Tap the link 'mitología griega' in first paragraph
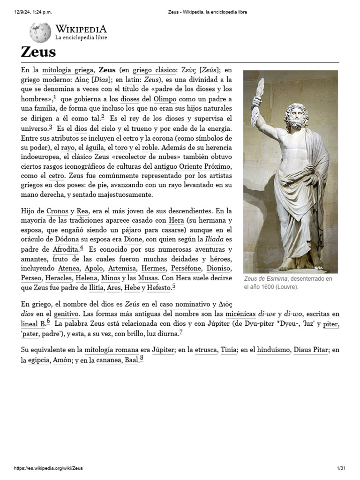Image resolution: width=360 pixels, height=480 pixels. coord(67,70)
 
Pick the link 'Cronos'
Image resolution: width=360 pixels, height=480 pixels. coord(57,211)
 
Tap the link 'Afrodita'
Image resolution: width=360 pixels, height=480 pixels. coord(65,249)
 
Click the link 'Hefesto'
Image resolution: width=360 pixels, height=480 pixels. coord(158,287)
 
